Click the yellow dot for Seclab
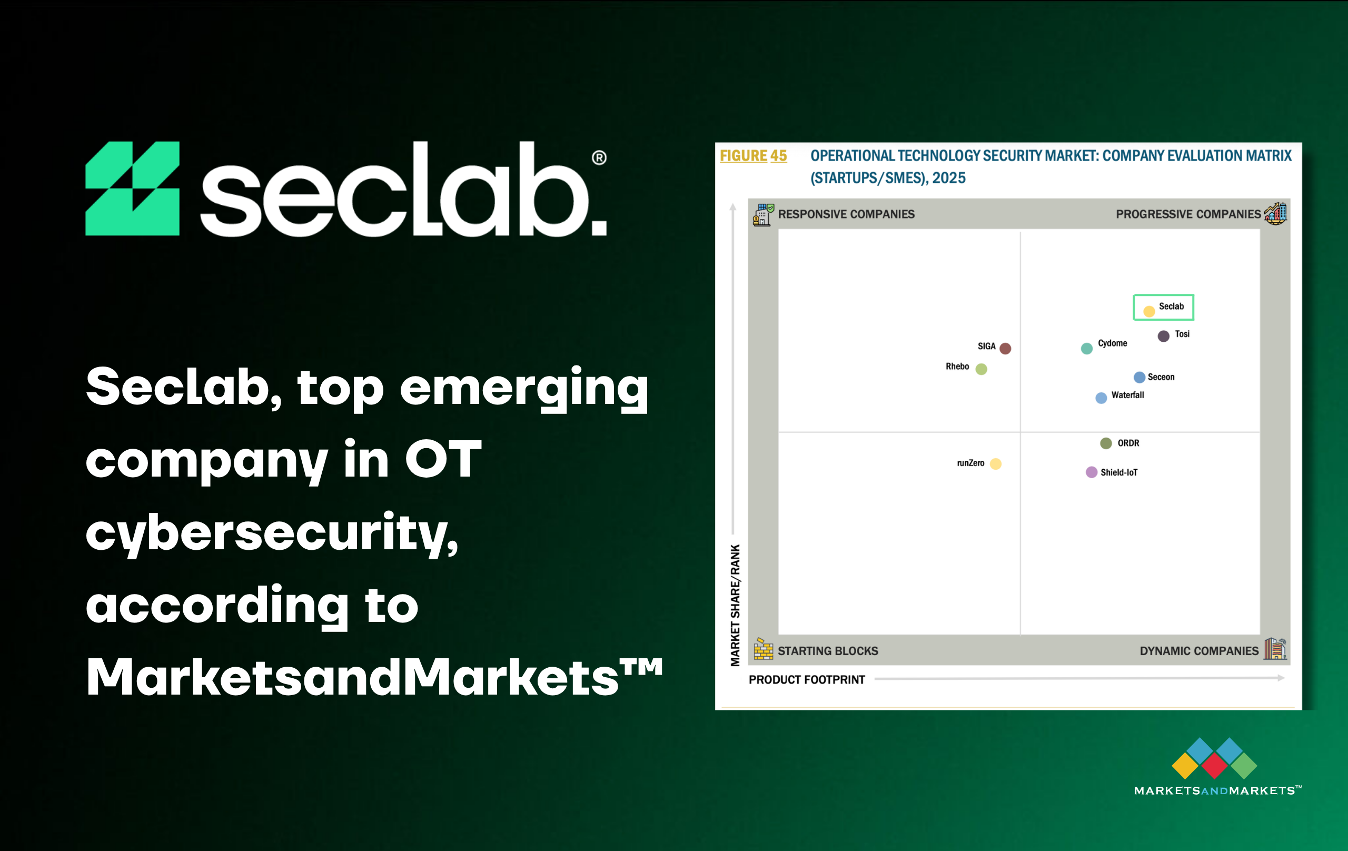[1149, 311]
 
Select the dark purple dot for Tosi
[1163, 336]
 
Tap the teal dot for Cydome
[1087, 348]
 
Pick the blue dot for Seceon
[1139, 378]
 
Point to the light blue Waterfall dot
[1101, 398]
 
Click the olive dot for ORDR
[1106, 443]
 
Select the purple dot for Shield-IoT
[1092, 472]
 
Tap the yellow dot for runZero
[995, 463]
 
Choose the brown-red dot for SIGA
[1005, 348]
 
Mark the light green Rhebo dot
[982, 369]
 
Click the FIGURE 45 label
[753, 156]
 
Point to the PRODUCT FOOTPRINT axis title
[807, 680]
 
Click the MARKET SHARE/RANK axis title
[735, 605]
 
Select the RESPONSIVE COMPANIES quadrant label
[846, 214]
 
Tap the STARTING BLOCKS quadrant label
[828, 651]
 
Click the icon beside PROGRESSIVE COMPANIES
[1276, 213]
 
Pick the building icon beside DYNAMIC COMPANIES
[1275, 649]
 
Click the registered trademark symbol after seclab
[599, 158]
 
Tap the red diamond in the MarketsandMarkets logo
[1215, 766]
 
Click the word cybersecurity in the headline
[272, 532]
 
